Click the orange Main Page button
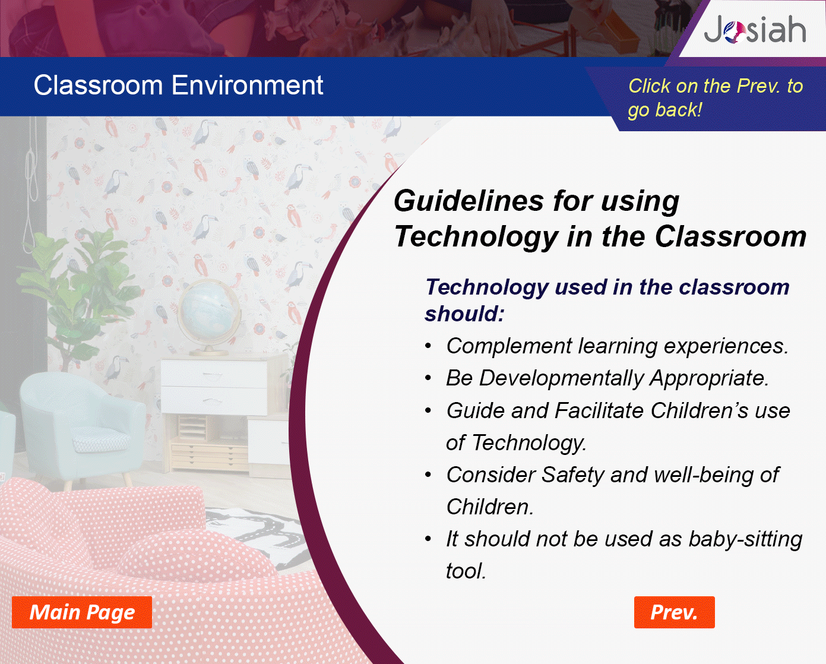point(82,612)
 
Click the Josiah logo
point(755,29)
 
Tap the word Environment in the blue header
point(247,85)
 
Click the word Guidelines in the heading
point(469,201)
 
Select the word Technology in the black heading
point(476,237)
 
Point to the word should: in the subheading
point(464,314)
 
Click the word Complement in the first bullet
point(509,346)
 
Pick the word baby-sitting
point(745,539)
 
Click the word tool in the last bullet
point(466,571)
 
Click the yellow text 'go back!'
point(665,110)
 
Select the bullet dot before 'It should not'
point(428,539)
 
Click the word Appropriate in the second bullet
point(708,379)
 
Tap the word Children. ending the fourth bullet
point(490,507)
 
